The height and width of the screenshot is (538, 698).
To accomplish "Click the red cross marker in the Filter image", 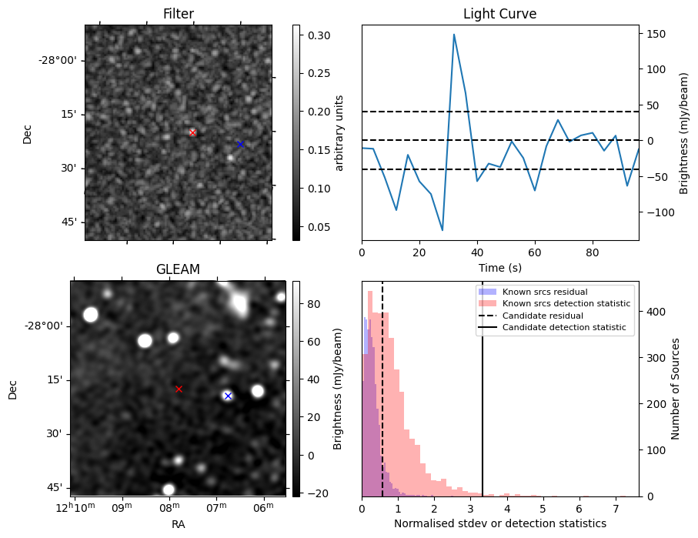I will click(192, 132).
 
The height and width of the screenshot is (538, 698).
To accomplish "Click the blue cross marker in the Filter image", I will click(240, 144).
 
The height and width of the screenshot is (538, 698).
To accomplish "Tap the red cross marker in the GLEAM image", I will click(179, 389).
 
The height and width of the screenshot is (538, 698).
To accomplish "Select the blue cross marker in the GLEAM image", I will click(228, 396).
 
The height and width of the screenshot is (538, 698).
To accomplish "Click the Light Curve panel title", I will click(499, 15).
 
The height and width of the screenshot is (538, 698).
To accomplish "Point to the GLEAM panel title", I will click(178, 269).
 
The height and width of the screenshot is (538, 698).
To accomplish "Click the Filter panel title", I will click(178, 15).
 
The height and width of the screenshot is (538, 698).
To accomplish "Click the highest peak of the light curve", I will click(454, 35).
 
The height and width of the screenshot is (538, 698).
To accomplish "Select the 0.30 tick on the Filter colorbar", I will click(313, 35).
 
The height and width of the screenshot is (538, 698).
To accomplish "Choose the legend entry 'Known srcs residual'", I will click(544, 292).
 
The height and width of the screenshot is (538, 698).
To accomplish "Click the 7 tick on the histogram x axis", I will click(616, 509).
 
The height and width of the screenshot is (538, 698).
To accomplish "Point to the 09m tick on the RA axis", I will click(122, 509).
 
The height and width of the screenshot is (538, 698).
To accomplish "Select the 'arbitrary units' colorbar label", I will click(339, 132).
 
